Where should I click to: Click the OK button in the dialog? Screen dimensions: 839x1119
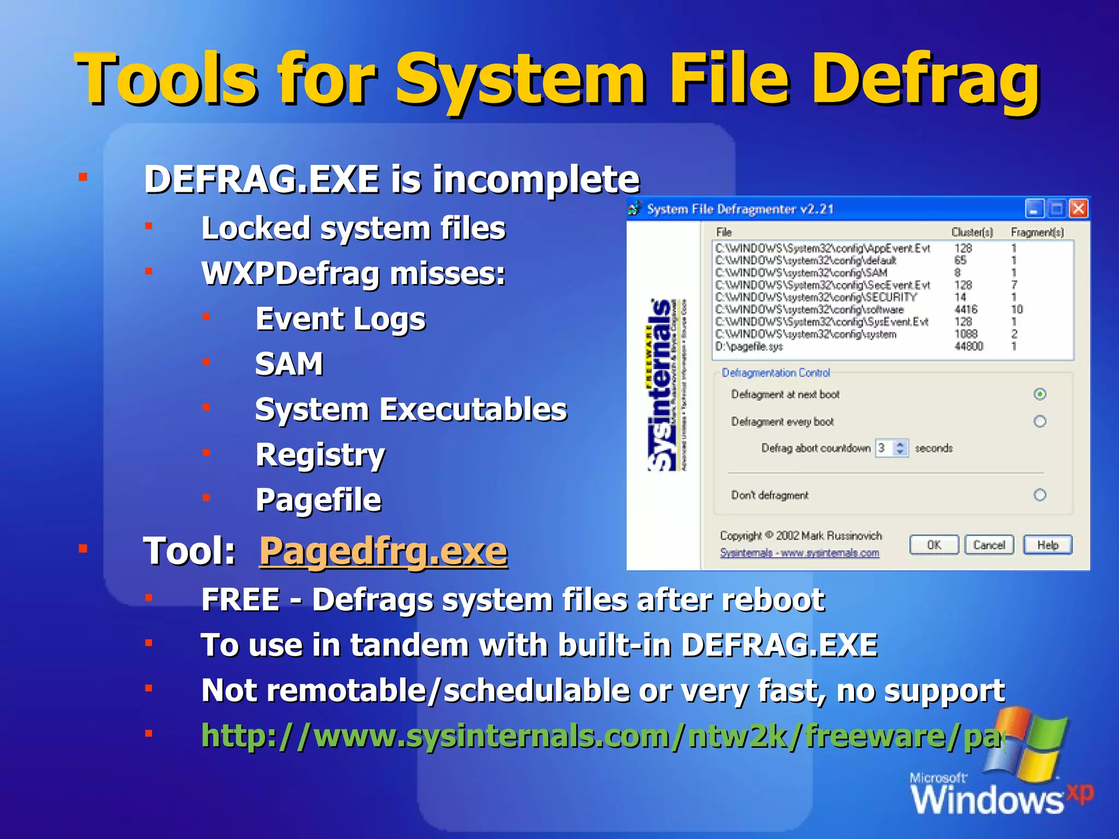click(934, 545)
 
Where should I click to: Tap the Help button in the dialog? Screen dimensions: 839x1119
click(1047, 545)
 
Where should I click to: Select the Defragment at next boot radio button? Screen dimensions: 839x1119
click(1040, 394)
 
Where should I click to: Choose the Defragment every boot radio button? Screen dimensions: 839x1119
click(1040, 421)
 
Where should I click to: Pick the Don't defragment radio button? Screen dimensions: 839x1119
click(1040, 495)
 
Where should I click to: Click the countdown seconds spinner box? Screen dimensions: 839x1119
click(891, 448)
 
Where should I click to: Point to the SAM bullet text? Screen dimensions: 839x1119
click(289, 364)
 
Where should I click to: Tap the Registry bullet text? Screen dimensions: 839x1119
click(320, 455)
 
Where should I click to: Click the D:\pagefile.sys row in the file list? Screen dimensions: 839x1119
click(749, 346)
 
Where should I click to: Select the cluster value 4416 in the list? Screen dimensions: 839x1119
click(965, 309)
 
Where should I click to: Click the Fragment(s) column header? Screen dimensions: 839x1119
click(1037, 232)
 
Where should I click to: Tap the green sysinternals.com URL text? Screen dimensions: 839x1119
click(601, 736)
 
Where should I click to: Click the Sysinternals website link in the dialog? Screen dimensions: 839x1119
click(799, 553)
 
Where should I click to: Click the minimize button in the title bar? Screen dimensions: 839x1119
click(1034, 209)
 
